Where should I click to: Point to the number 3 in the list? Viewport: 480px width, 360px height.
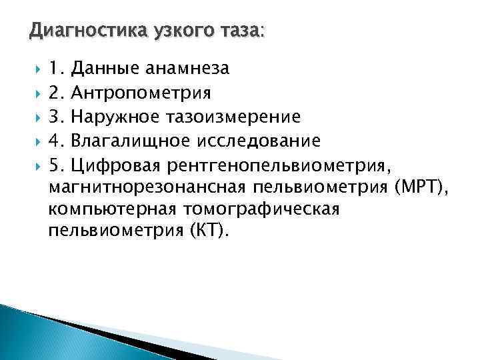pyautogui.click(x=55, y=117)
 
